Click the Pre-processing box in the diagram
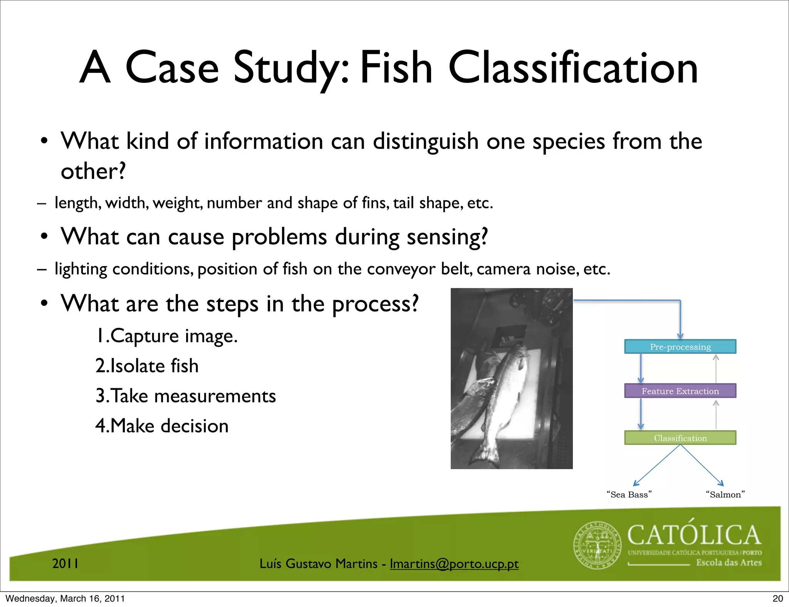coord(680,347)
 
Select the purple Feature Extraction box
coord(680,391)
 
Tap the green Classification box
coord(680,438)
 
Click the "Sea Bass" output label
coord(629,495)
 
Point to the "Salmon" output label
coord(725,495)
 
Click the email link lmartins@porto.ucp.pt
coord(454,564)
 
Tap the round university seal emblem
coord(598,545)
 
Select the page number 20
coord(777,599)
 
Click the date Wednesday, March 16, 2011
coord(65,599)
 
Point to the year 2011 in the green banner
coord(65,563)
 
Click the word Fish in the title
coord(396,68)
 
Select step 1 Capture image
coord(166,336)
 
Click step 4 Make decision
coord(162,426)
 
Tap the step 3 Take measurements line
coord(186,396)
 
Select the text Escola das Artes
coord(729,563)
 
